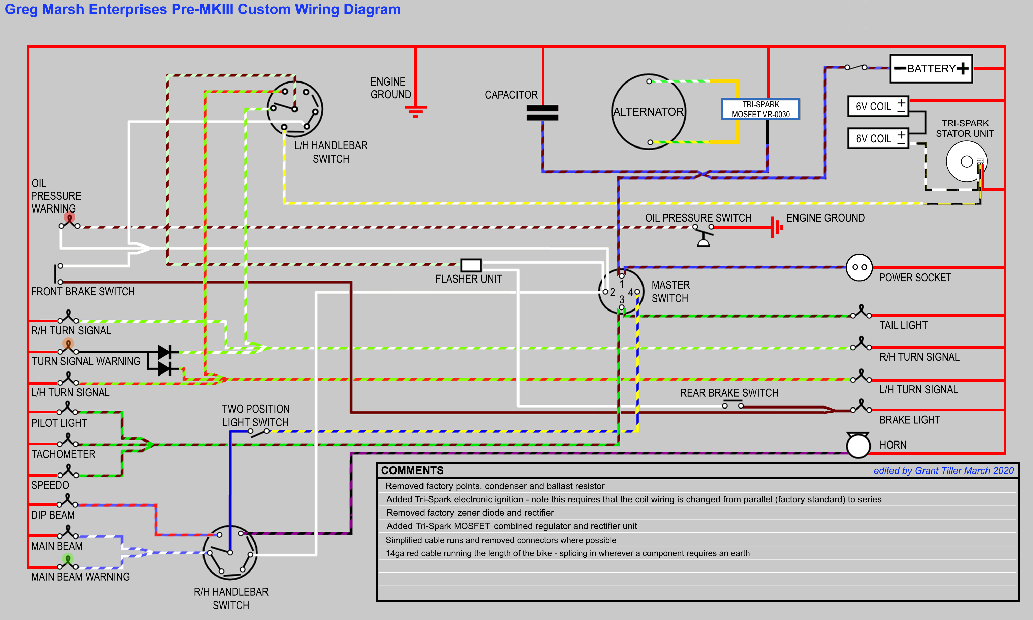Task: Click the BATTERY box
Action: click(931, 68)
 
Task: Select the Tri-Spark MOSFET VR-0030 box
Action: click(760, 109)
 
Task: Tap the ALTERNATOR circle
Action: click(648, 111)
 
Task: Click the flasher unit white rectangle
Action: click(471, 265)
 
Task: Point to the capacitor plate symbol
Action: click(542, 113)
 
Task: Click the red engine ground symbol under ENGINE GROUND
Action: click(415, 111)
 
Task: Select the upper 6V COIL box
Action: click(878, 106)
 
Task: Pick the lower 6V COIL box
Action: click(878, 138)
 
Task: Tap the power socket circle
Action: click(859, 267)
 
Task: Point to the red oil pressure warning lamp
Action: click(69, 217)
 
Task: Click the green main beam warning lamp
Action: click(68, 558)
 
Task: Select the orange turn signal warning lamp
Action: click(68, 344)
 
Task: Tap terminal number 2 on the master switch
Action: click(605, 292)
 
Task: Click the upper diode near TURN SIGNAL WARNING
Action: click(165, 352)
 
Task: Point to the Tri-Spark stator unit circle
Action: click(966, 161)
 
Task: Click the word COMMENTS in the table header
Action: click(412, 470)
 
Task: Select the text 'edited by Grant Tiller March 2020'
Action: click(943, 470)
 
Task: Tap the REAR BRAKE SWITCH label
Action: click(729, 393)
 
